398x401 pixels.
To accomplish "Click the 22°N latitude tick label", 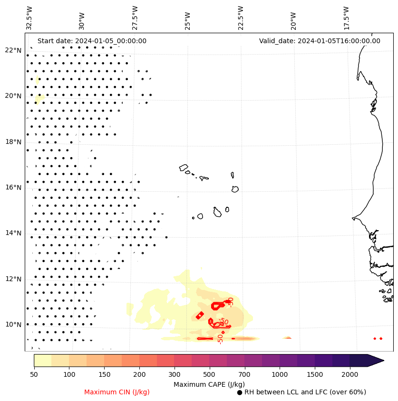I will point(13,50).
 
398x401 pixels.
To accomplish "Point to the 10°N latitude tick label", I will point(13,325).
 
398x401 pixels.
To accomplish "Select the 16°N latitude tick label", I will point(13,187).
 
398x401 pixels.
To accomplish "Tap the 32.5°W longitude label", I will point(29,18).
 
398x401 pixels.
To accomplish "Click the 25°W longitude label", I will point(188,18).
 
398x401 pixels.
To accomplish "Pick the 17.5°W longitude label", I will point(346,18).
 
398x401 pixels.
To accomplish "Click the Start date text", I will point(92,41).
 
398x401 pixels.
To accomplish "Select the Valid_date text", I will point(320,41).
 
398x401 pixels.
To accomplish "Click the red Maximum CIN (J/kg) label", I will point(116,392).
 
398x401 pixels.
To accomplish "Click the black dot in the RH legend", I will point(240,392).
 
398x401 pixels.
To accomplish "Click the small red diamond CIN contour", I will point(200,316).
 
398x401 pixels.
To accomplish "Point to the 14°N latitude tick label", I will point(13,233).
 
